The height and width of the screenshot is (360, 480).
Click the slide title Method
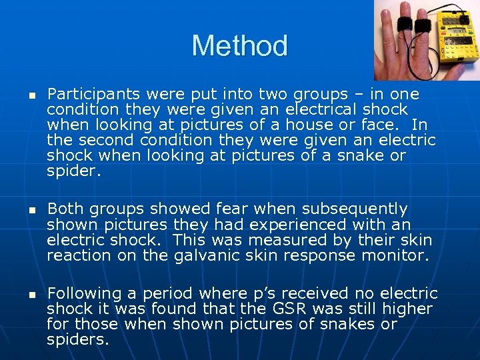(239, 46)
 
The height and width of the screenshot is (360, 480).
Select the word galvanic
(205, 255)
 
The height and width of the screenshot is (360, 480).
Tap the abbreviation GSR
(309, 309)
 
